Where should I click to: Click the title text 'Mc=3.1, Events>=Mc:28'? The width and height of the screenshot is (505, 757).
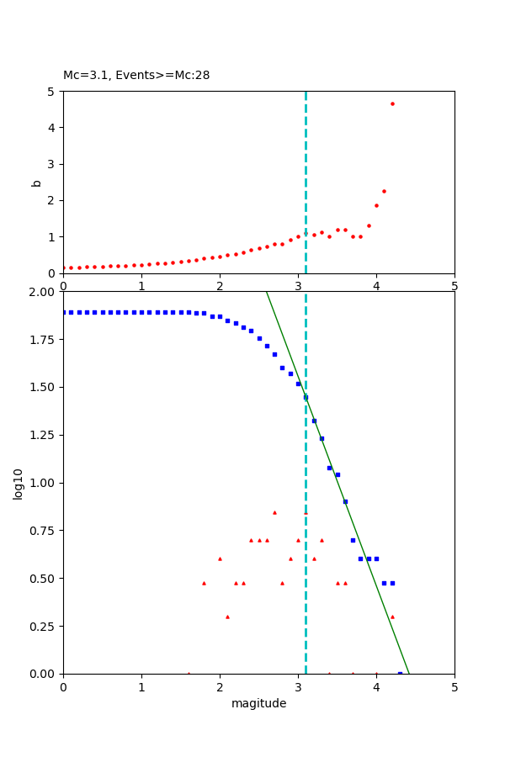(136, 76)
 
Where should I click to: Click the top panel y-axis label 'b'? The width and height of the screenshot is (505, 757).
(36, 183)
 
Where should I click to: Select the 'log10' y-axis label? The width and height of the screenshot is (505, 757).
(18, 483)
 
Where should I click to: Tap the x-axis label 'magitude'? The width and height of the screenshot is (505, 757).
(258, 703)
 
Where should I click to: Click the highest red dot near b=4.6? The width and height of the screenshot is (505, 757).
(392, 103)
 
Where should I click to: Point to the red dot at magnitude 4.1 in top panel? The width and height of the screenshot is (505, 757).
(384, 191)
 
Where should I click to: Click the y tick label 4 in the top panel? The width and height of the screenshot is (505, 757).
(51, 128)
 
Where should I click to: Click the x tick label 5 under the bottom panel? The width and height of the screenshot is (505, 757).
(454, 686)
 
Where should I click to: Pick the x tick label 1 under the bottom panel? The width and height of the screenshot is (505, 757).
(141, 686)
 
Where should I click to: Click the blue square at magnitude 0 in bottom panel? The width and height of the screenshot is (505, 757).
(64, 312)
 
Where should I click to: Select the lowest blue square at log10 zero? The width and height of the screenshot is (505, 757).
(400, 673)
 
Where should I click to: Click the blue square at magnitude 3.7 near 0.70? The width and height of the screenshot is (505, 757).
(353, 540)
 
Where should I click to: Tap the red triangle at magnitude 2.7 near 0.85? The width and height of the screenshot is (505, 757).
(274, 512)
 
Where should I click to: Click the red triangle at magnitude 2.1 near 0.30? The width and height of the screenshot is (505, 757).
(227, 617)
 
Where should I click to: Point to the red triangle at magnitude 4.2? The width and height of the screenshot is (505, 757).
(392, 617)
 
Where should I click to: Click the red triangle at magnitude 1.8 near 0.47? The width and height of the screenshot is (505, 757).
(204, 583)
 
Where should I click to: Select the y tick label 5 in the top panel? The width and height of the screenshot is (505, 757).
(51, 92)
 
